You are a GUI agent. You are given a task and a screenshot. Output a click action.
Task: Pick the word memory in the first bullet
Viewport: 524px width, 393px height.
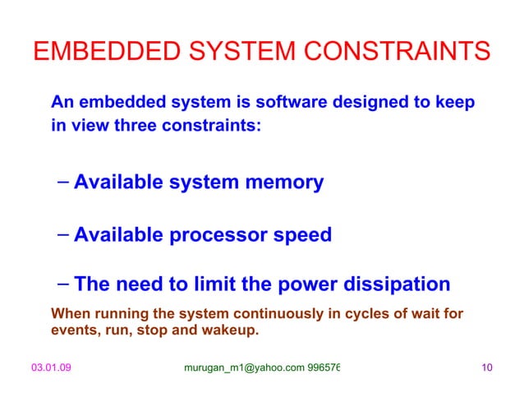[x=286, y=182]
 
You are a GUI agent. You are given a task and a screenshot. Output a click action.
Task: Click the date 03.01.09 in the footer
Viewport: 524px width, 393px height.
[x=51, y=368]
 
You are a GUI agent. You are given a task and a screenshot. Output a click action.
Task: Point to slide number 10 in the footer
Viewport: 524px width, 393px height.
[x=486, y=368]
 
